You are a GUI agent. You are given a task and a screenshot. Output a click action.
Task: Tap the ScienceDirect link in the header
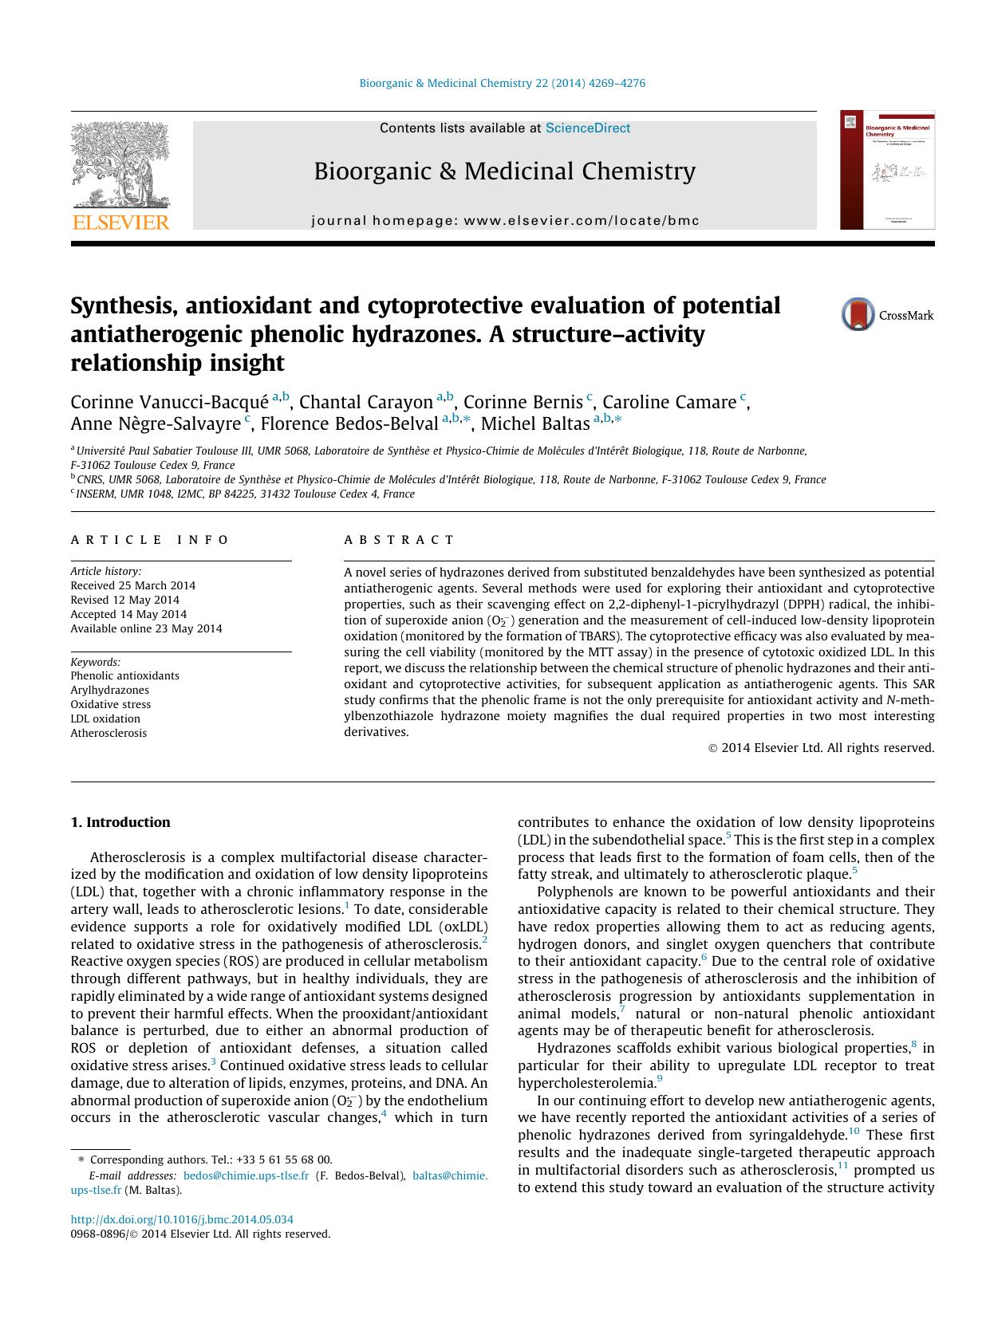pyautogui.click(x=587, y=128)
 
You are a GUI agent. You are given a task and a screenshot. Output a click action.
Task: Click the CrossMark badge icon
pyautogui.click(x=858, y=314)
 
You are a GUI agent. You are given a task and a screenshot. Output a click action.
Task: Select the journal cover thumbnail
pyautogui.click(x=886, y=170)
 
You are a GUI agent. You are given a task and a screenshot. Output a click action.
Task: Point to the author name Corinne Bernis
pyautogui.click(x=523, y=402)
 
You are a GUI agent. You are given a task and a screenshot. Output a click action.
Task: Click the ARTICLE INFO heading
pyautogui.click(x=150, y=540)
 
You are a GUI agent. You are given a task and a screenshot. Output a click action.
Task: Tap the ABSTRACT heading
pyautogui.click(x=399, y=540)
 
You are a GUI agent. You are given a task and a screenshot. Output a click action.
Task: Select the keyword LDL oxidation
pyautogui.click(x=105, y=719)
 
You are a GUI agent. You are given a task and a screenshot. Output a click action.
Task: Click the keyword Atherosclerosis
pyautogui.click(x=108, y=733)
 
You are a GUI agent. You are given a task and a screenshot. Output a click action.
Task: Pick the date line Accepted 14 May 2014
pyautogui.click(x=128, y=614)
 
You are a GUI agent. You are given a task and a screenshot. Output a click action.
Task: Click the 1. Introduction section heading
pyautogui.click(x=120, y=822)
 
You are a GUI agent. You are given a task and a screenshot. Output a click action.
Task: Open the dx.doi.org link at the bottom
pyautogui.click(x=182, y=1219)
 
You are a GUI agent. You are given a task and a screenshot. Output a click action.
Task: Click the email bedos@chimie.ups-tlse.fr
pyautogui.click(x=246, y=1175)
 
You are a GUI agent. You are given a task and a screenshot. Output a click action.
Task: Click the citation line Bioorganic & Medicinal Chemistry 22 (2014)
pyautogui.click(x=503, y=83)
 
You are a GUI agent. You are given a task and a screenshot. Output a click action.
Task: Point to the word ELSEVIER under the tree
pyautogui.click(x=120, y=222)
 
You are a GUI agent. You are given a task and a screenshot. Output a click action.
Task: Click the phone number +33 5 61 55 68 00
pyautogui.click(x=289, y=1160)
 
